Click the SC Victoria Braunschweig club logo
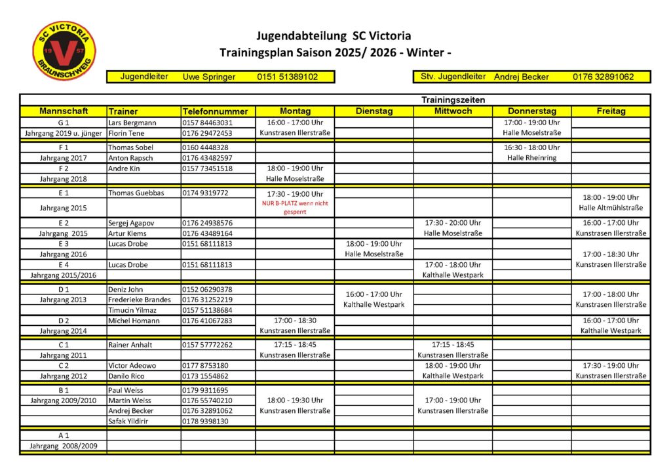64,52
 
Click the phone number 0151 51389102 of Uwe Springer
287,77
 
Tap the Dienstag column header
374,111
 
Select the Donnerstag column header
531,111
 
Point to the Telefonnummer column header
215,111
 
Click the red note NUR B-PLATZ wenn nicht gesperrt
294,208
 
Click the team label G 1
64,123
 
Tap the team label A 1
64,435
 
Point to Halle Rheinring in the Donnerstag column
531,158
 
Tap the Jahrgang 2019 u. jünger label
64,133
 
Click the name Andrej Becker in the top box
521,77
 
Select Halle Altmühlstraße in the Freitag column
611,208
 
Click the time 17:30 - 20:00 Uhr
453,223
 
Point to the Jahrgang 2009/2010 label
64,400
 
